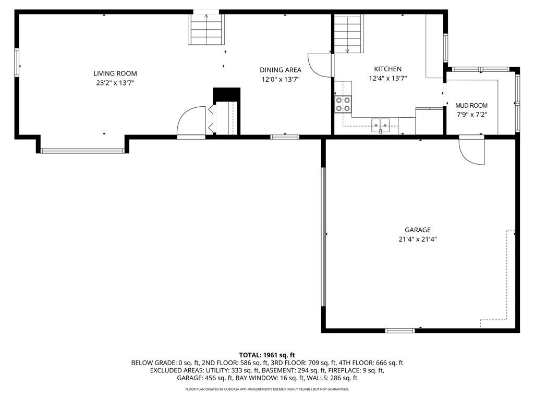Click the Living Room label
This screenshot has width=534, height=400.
115,73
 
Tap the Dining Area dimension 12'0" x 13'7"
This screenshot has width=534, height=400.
281,80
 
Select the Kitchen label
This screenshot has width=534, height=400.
387,69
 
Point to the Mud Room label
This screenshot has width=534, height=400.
471,106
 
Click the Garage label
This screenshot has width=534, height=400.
418,230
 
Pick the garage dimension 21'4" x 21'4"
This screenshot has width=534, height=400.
418,240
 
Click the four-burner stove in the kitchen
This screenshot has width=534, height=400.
343,104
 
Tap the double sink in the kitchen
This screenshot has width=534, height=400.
381,124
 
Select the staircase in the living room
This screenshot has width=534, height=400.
206,30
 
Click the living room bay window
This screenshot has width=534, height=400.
82,151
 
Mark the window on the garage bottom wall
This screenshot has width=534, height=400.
400,330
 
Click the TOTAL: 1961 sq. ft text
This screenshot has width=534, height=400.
267,355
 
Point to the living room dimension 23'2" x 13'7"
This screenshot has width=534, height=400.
115,83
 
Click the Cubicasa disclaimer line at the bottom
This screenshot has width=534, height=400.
267,389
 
